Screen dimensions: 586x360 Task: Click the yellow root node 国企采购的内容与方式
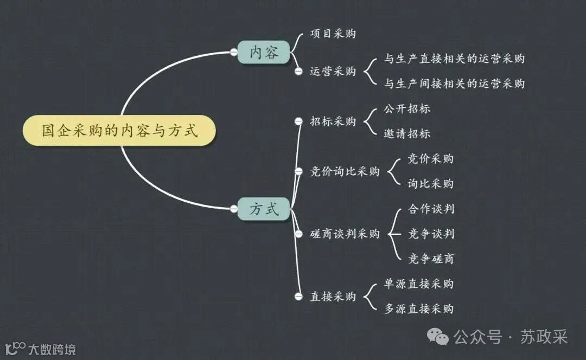[119, 131]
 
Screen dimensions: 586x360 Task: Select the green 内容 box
[264, 52]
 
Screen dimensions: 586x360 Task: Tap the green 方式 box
[264, 209]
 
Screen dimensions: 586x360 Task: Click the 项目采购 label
[333, 34]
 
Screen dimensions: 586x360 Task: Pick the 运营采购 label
[333, 71]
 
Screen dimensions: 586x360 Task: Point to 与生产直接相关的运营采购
[454, 59]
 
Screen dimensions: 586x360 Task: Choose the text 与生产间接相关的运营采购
[454, 83]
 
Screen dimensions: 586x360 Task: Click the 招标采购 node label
[333, 121]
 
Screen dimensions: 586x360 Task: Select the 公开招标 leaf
[407, 108]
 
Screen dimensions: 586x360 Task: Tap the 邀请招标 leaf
[407, 133]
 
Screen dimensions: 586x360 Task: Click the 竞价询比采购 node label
[345, 171]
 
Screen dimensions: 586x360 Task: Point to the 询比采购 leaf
[430, 184]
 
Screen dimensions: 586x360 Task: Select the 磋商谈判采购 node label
[345, 234]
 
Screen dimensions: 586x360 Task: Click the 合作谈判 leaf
[431, 209]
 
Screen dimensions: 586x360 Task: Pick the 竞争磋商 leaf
[431, 259]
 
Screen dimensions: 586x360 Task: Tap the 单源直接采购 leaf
[418, 284]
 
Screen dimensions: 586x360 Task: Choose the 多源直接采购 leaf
[418, 309]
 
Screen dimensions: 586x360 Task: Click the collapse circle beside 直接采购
[298, 297]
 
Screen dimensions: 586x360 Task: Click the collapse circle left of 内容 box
[234, 52]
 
